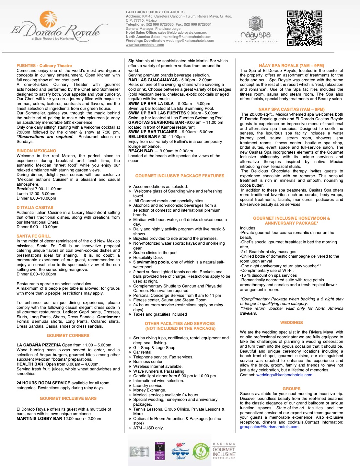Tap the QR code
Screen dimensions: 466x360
[304, 28]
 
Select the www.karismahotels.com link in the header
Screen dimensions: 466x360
[145, 45]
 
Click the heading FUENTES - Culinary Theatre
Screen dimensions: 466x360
[44, 65]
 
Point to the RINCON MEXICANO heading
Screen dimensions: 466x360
[36, 151]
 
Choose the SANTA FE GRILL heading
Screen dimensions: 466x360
[34, 236]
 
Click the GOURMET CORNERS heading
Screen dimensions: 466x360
[68, 335]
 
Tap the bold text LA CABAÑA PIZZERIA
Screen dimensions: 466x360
[39, 345]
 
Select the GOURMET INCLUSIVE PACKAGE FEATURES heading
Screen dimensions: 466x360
[180, 176]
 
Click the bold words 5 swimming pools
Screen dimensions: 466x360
[151, 262]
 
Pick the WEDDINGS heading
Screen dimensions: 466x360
[291, 322]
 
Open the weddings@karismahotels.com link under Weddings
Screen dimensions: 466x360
[284, 375]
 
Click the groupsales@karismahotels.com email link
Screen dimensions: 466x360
[269, 427]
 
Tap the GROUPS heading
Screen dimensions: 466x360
[291, 389]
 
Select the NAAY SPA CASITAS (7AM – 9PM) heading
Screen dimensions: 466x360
[291, 109]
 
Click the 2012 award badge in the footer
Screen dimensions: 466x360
[160, 451]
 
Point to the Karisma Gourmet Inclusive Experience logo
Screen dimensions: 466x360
[224, 451]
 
